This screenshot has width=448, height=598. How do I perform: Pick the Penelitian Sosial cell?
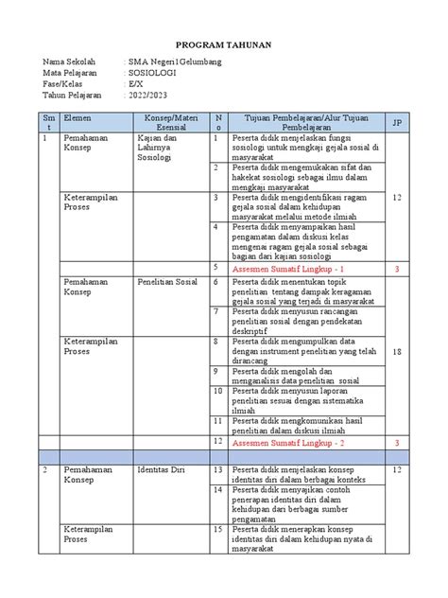(166, 282)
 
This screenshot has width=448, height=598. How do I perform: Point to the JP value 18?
(397, 350)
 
